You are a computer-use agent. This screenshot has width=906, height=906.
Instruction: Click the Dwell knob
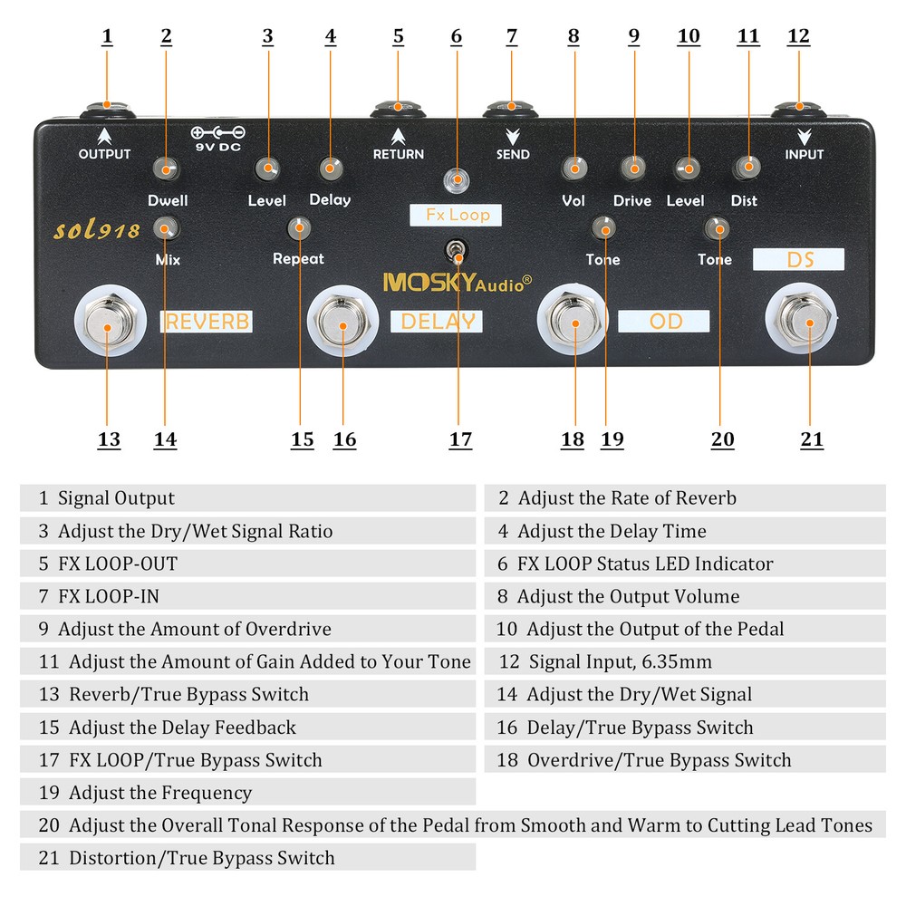tap(166, 169)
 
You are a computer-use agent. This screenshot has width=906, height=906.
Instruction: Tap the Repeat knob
tap(299, 227)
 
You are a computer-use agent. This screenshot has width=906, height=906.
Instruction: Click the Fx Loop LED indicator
tap(457, 179)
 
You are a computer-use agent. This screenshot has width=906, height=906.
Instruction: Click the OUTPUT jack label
tap(104, 154)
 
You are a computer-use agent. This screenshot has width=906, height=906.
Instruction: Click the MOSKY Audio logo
tap(457, 283)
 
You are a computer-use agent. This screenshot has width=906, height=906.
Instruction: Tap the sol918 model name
tap(97, 229)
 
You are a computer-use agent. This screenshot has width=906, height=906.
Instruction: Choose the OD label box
tap(664, 321)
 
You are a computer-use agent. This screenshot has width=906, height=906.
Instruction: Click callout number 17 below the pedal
tap(460, 439)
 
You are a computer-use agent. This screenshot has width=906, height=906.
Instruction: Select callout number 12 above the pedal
tap(798, 36)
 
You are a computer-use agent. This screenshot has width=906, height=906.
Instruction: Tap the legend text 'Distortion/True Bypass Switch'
tap(201, 857)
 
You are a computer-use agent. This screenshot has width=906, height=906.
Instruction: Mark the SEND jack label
tap(513, 154)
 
